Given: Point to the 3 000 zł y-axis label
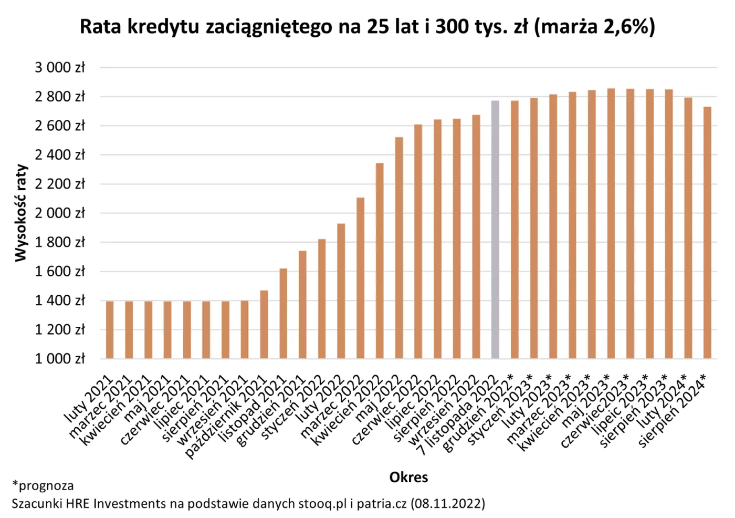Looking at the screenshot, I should [60, 68].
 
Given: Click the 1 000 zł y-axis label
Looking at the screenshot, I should [60, 359].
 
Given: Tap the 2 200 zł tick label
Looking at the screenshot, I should [60, 184].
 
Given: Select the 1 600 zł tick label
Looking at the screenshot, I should [60, 272].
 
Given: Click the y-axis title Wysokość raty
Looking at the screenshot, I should [20, 213].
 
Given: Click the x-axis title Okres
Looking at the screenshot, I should [408, 477].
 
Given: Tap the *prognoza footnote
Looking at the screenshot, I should [43, 485].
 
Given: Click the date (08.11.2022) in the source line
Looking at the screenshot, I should [448, 503].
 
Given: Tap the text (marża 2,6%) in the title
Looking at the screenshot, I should [594, 26].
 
